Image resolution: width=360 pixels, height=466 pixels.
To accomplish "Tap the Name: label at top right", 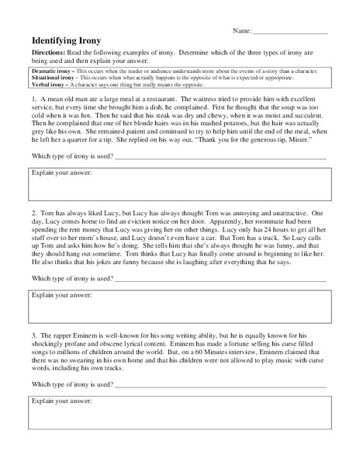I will pyautogui.click(x=241, y=31).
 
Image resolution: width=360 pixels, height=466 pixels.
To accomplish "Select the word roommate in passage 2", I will pyautogui.click(x=277, y=221).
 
